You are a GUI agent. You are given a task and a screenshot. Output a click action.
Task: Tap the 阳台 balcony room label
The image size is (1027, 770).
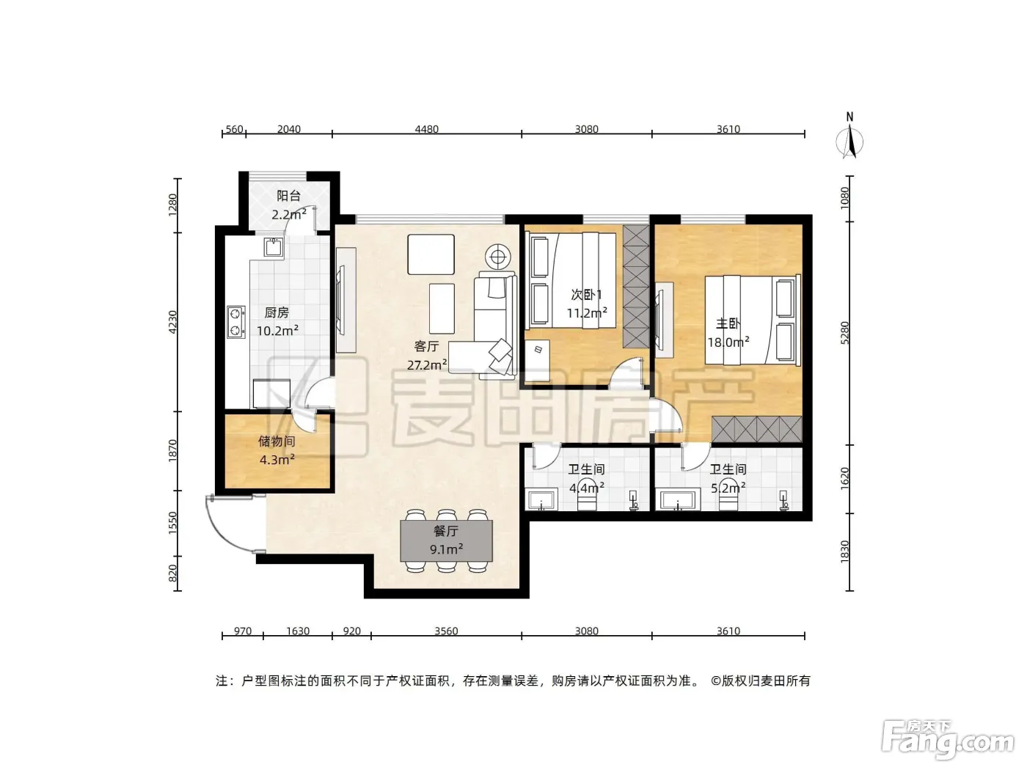tap(289, 195)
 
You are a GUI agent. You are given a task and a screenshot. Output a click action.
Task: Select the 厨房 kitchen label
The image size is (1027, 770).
tap(277, 312)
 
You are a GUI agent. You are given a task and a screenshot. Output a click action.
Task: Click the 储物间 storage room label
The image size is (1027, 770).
tap(277, 441)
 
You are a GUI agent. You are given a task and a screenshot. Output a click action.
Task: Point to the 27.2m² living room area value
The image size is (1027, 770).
tap(427, 364)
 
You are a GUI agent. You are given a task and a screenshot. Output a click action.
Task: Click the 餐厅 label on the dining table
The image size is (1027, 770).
tap(446, 531)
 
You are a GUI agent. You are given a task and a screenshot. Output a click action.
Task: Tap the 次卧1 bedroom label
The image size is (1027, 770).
tap(586, 295)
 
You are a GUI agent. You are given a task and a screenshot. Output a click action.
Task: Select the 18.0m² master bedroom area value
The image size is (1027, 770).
tap(728, 342)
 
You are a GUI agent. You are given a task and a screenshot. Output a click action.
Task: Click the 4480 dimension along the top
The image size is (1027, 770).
tap(427, 128)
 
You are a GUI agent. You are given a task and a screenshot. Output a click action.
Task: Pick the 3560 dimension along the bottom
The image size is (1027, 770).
tap(446, 631)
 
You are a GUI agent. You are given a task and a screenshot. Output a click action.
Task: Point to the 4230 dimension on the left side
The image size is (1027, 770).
tap(173, 322)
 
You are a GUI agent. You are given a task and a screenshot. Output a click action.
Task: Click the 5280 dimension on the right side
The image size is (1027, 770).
tap(844, 333)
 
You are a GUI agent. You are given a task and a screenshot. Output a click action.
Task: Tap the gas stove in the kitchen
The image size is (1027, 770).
tap(235, 322)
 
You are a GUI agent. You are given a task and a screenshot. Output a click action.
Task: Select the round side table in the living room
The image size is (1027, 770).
tap(498, 257)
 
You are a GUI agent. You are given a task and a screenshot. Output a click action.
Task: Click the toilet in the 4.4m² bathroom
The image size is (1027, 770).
tap(586, 496)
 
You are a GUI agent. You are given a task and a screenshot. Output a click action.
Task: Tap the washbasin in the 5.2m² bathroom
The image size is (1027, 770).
tap(678, 499)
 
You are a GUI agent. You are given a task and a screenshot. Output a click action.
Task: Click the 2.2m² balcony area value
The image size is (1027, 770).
tap(289, 214)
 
